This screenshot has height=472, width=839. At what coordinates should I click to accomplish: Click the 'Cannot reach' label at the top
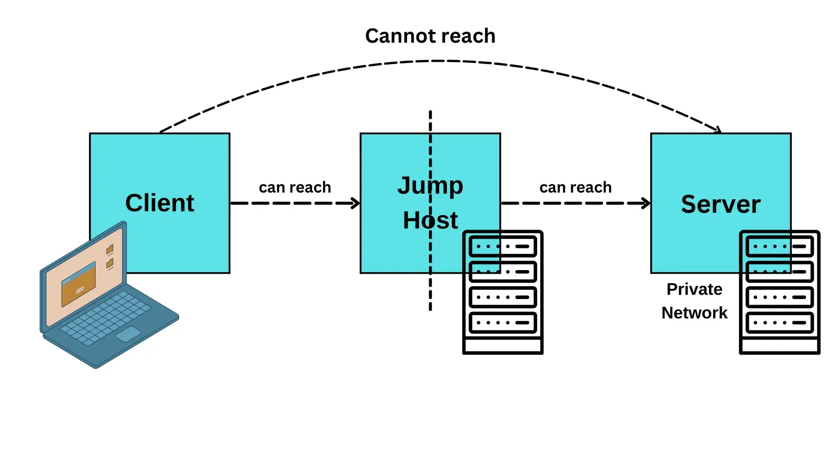pos(430,36)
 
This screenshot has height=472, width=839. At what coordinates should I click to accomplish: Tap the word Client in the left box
pos(159,203)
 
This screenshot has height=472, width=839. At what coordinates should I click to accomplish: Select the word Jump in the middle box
pos(430,185)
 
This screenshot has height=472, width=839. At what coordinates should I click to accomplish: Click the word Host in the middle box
pos(430,220)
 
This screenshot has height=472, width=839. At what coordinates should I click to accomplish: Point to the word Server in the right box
pos(721,204)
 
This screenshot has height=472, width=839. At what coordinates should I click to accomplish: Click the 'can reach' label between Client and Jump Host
pos(295,187)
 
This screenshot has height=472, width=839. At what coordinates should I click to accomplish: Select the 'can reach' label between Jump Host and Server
pos(575,187)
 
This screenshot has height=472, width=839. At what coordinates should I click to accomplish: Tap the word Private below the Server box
pos(694,289)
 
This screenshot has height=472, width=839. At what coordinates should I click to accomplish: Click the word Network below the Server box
pos(694,313)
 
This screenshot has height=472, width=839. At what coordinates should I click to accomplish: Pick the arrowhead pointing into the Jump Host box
pos(356,203)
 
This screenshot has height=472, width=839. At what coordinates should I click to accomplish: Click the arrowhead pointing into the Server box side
pos(646,203)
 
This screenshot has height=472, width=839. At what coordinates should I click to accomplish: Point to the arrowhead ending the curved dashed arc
pos(717,130)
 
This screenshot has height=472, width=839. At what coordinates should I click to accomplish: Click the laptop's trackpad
pos(128,334)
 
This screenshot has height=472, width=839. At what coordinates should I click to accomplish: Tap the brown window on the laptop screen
pos(79,285)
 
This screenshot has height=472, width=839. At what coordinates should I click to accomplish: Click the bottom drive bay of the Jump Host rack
pos(503,323)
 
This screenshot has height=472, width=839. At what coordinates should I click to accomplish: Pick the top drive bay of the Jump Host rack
pos(503,246)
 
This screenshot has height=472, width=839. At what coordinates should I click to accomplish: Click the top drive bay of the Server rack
pos(780,246)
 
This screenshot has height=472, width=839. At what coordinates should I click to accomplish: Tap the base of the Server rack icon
pos(780,346)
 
